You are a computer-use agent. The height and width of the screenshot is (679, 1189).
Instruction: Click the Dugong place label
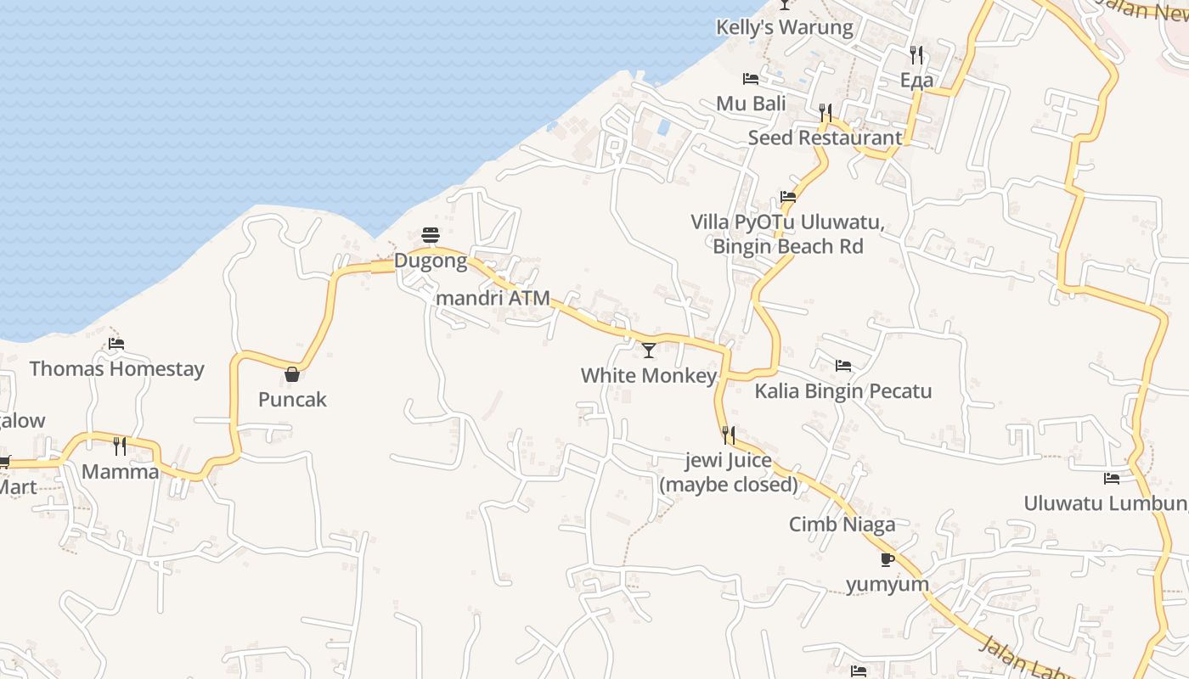tap(431, 261)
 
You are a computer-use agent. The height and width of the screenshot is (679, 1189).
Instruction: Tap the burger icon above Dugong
tap(431, 235)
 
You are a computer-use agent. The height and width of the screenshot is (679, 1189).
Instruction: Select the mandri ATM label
tap(493, 299)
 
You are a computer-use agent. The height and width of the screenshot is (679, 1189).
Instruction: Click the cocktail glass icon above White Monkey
tap(649, 350)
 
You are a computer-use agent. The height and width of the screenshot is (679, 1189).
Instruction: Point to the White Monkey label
tap(649, 375)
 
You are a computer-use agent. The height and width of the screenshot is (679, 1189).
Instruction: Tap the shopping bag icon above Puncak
tap(292, 373)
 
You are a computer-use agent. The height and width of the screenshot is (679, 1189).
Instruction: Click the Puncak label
tap(292, 400)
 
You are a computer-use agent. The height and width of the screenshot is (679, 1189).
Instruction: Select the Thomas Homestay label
tap(117, 369)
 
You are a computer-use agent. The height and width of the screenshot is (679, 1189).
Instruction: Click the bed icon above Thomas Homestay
tap(116, 344)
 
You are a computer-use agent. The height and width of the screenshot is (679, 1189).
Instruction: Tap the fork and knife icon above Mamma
tap(120, 446)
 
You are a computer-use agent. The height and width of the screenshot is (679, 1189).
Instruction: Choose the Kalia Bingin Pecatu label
tap(843, 391)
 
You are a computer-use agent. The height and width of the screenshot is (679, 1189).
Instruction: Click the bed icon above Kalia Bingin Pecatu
tap(843, 366)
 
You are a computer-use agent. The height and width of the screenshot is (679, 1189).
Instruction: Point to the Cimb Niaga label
tap(842, 525)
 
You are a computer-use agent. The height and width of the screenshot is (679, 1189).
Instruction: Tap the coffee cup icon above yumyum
tap(888, 559)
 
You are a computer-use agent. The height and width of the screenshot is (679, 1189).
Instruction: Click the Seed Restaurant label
tap(825, 137)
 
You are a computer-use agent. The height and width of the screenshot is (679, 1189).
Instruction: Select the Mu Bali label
tap(751, 104)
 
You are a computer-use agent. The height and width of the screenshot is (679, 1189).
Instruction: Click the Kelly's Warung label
tap(785, 27)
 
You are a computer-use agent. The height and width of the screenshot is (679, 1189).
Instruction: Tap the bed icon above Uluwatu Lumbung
tap(1112, 479)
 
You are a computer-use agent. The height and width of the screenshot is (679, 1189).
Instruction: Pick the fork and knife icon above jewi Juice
tap(729, 435)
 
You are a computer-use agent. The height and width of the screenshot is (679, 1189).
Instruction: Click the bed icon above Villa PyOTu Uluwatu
tap(788, 197)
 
